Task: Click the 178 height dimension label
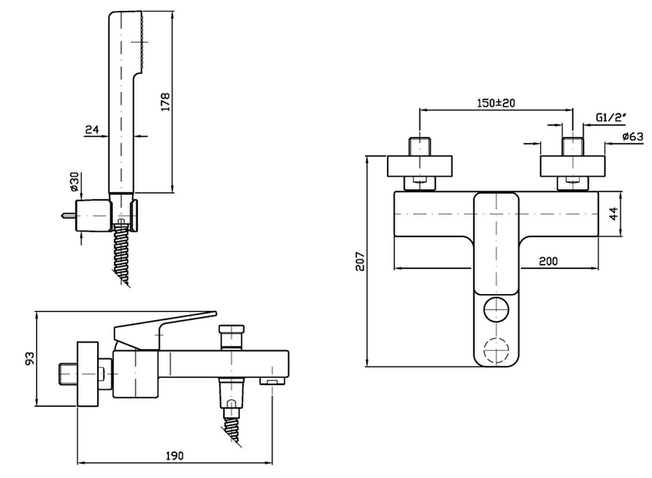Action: click(166, 102)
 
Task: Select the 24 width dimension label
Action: click(92, 130)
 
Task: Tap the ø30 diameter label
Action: click(74, 181)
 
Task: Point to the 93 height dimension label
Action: click(29, 358)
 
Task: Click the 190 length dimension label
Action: click(175, 456)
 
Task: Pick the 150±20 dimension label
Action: click(496, 103)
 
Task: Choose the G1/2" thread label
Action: click(611, 118)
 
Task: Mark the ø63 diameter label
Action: click(633, 136)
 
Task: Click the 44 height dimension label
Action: click(614, 214)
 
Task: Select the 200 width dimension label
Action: click(548, 261)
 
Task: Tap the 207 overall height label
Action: click(359, 261)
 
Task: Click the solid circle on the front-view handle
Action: click(497, 310)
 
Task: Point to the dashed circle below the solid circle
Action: click(497, 350)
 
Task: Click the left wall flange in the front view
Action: click(420, 166)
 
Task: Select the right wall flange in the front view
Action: click(573, 166)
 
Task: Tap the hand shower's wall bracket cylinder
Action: click(94, 216)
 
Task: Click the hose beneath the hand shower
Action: click(122, 253)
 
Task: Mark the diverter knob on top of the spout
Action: click(232, 337)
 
